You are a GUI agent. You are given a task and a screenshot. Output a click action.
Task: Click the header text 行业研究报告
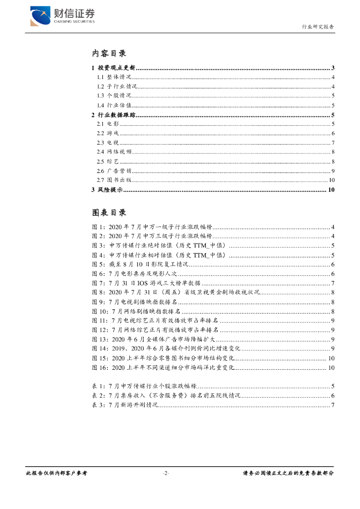click(318, 27)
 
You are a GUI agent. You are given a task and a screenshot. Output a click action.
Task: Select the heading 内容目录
click(109, 53)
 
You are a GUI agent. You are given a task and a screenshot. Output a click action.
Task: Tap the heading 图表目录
click(109, 212)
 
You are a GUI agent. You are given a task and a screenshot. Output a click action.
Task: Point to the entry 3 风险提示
click(107, 190)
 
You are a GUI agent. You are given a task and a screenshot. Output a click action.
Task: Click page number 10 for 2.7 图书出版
click(331, 180)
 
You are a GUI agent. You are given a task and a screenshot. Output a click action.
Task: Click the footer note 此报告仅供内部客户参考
click(56, 473)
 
